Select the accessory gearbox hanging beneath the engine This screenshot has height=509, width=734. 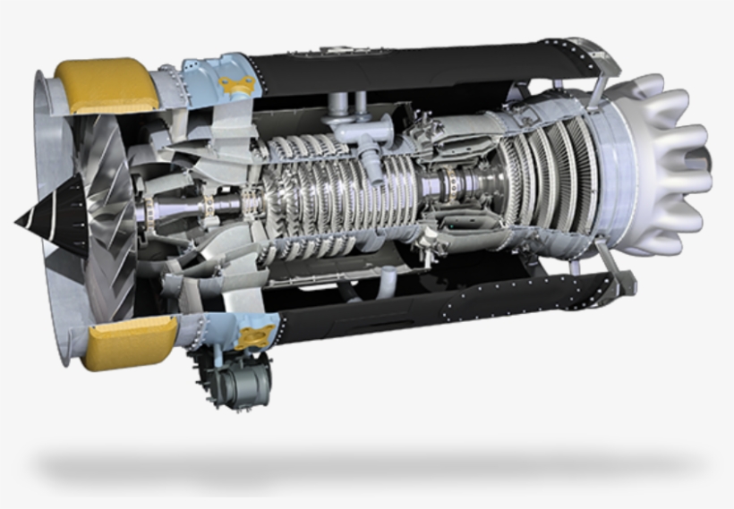235,379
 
